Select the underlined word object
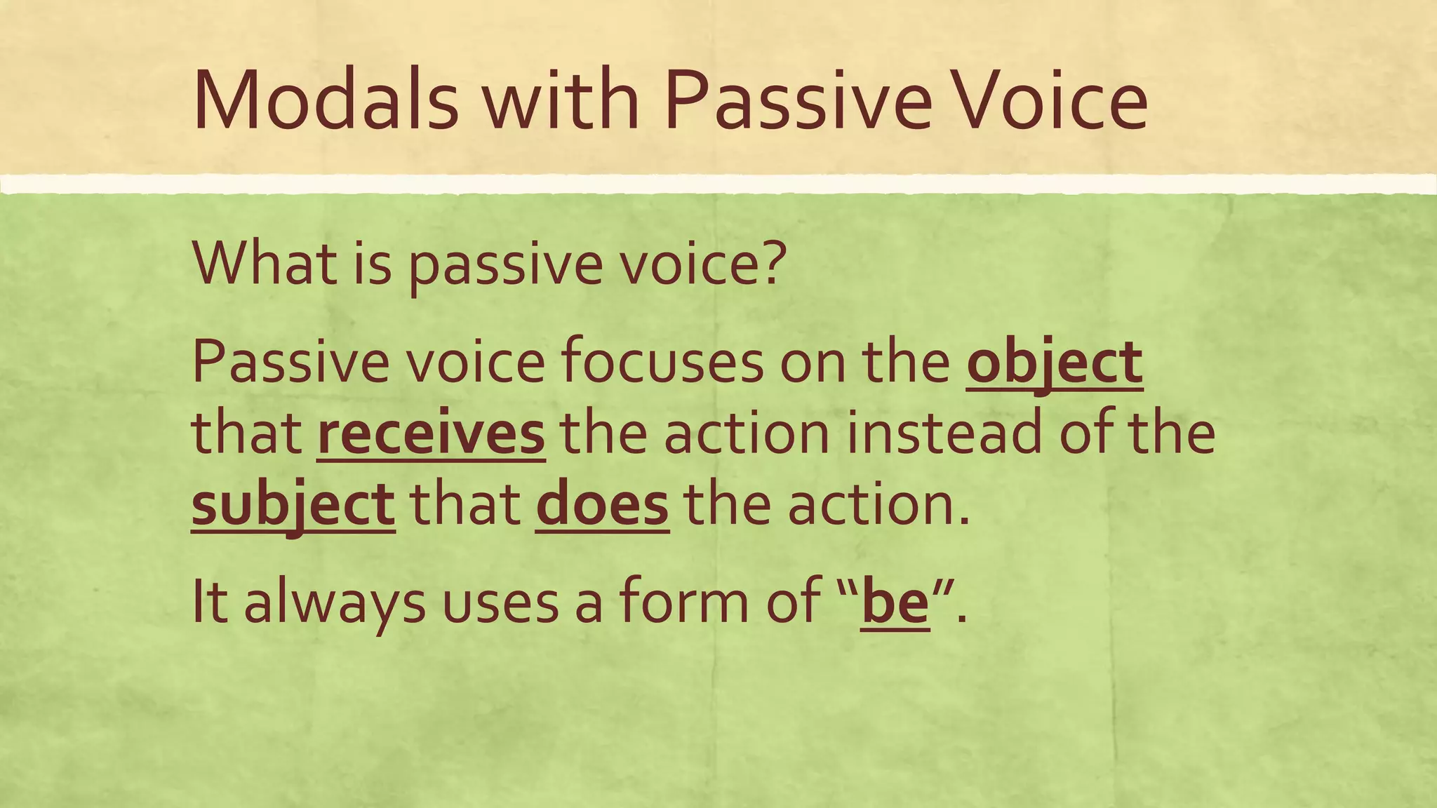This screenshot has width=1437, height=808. (x=1055, y=363)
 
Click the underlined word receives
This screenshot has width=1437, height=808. (x=431, y=434)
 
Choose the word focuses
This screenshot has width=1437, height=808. (x=662, y=363)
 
